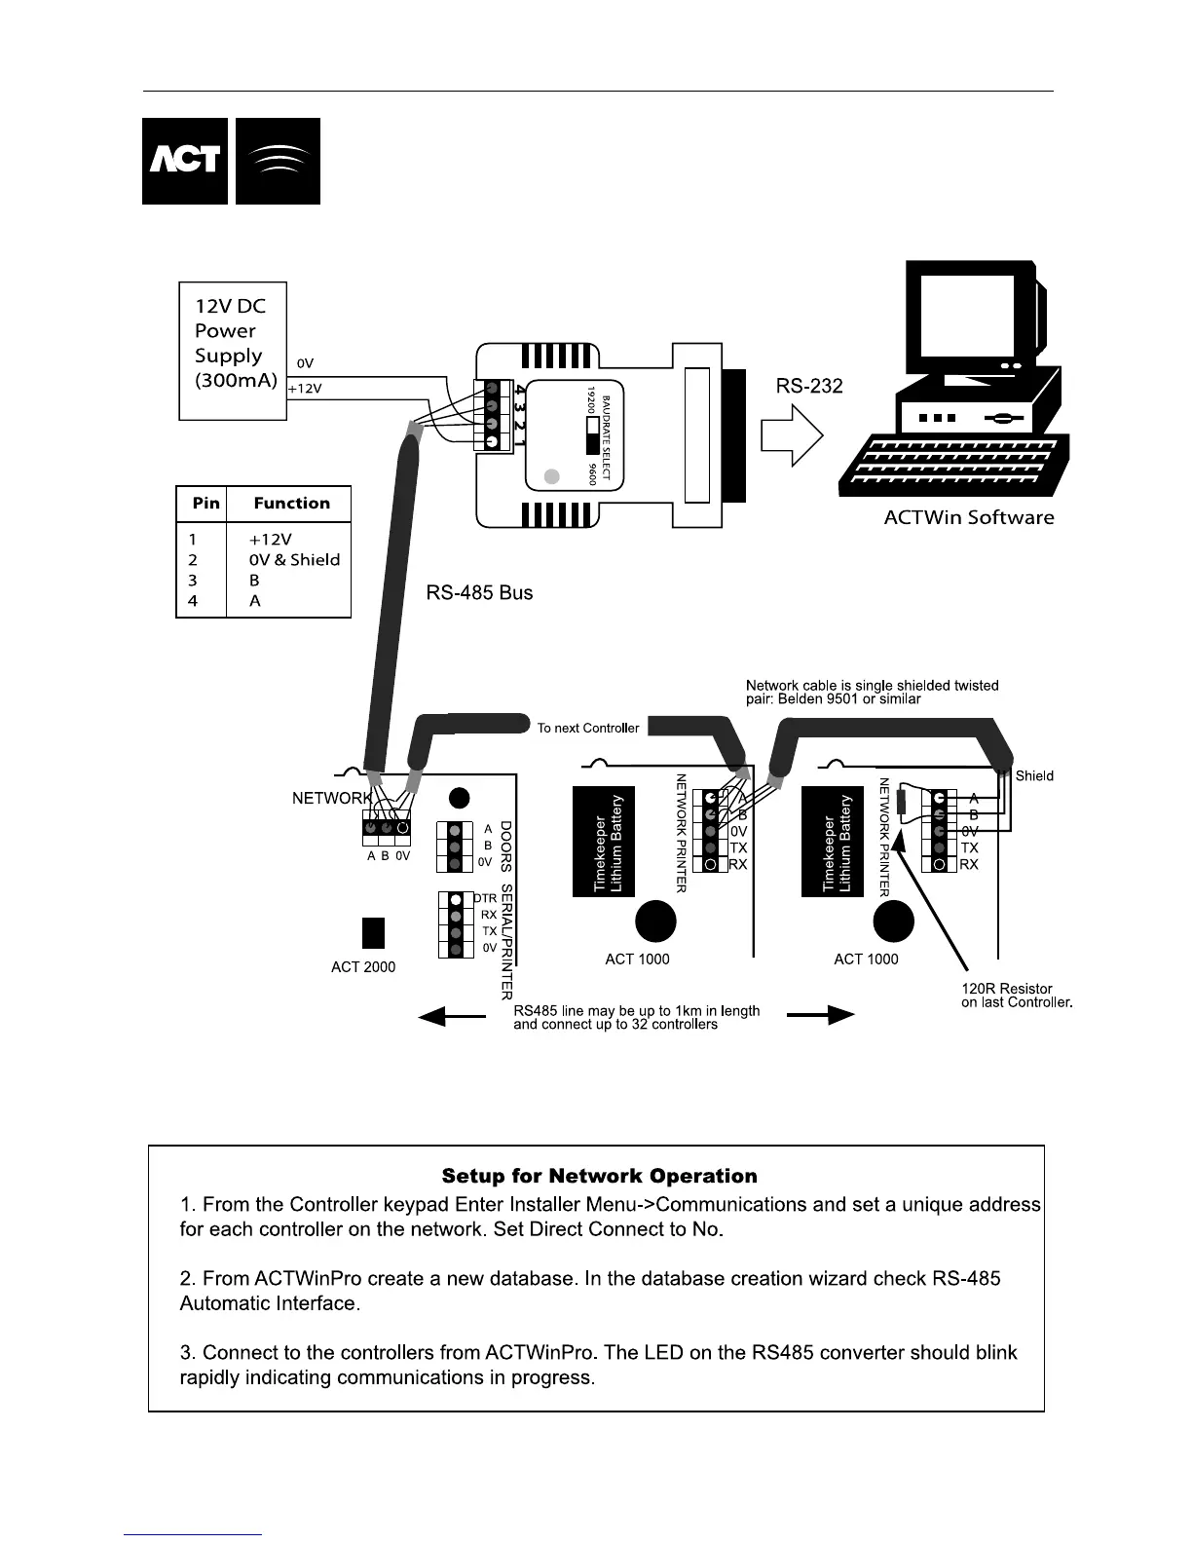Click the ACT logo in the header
pyautogui.click(x=185, y=161)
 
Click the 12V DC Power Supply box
pyautogui.click(x=233, y=351)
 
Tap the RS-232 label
pyautogui.click(x=808, y=386)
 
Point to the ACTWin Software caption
pyautogui.click(x=968, y=517)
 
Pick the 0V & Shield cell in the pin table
pyautogui.click(x=294, y=560)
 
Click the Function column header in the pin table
pyautogui.click(x=291, y=504)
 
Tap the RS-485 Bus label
pyautogui.click(x=479, y=593)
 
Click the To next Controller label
pyautogui.click(x=588, y=728)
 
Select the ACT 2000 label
pyautogui.click(x=363, y=967)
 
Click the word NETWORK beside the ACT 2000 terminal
pyautogui.click(x=332, y=799)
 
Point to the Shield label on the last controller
pyautogui.click(x=1034, y=776)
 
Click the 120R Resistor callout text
pyautogui.click(x=1016, y=996)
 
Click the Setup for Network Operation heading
pyautogui.click(x=599, y=1176)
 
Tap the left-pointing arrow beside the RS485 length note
pyautogui.click(x=451, y=1016)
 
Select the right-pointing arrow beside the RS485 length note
pyautogui.click(x=820, y=1015)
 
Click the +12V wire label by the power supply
pyautogui.click(x=304, y=389)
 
